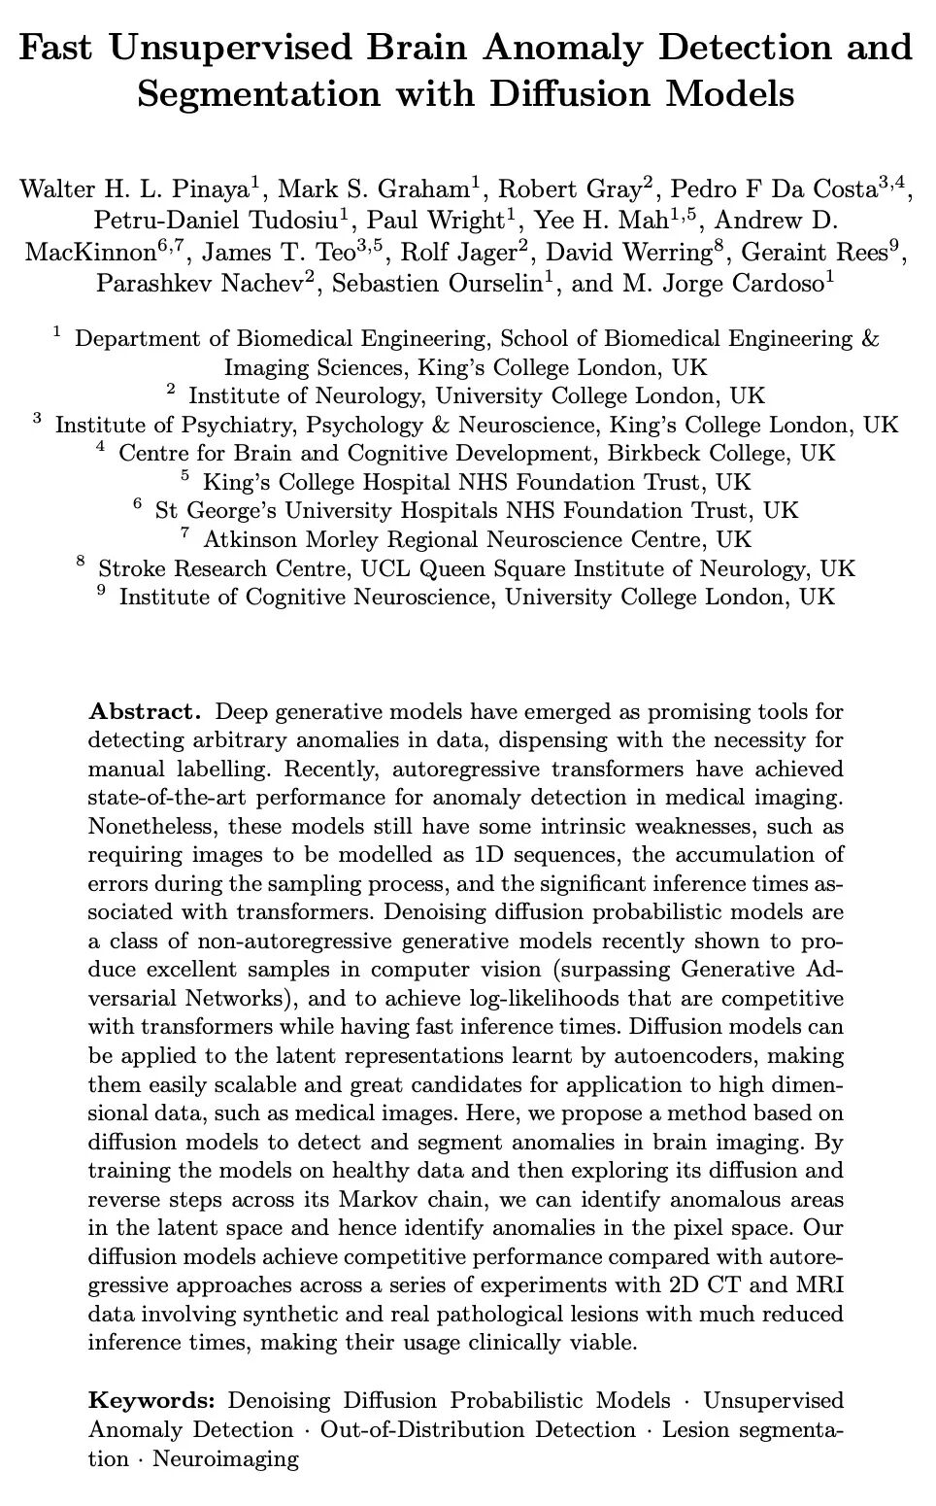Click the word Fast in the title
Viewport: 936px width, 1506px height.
click(60, 48)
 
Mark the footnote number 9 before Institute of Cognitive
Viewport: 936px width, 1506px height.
click(101, 592)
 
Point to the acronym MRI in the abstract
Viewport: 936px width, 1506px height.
click(819, 1284)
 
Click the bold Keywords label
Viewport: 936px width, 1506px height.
click(151, 1400)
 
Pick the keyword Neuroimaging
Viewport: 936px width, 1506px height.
click(225, 1458)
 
